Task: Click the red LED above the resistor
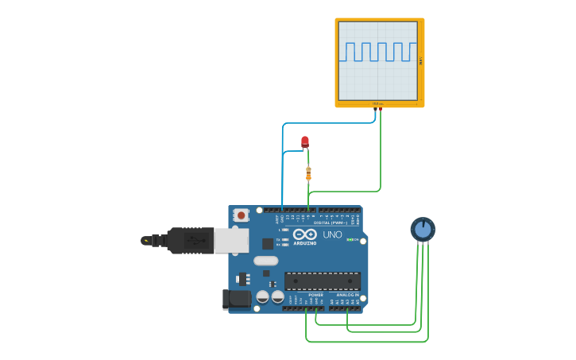(305, 142)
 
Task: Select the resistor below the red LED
(308, 173)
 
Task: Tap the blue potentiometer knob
(423, 230)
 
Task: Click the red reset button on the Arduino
(241, 215)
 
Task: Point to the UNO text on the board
(332, 234)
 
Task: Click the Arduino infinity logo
(305, 234)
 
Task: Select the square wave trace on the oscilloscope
(378, 52)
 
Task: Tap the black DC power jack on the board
(236, 299)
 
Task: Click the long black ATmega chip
(322, 281)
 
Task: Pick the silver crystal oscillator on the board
(266, 261)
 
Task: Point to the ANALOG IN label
(347, 295)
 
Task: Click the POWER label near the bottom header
(315, 295)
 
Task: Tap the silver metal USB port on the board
(230, 240)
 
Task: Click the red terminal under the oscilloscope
(381, 109)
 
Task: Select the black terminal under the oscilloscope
(375, 109)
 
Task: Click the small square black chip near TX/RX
(268, 243)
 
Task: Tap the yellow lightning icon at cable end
(145, 240)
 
